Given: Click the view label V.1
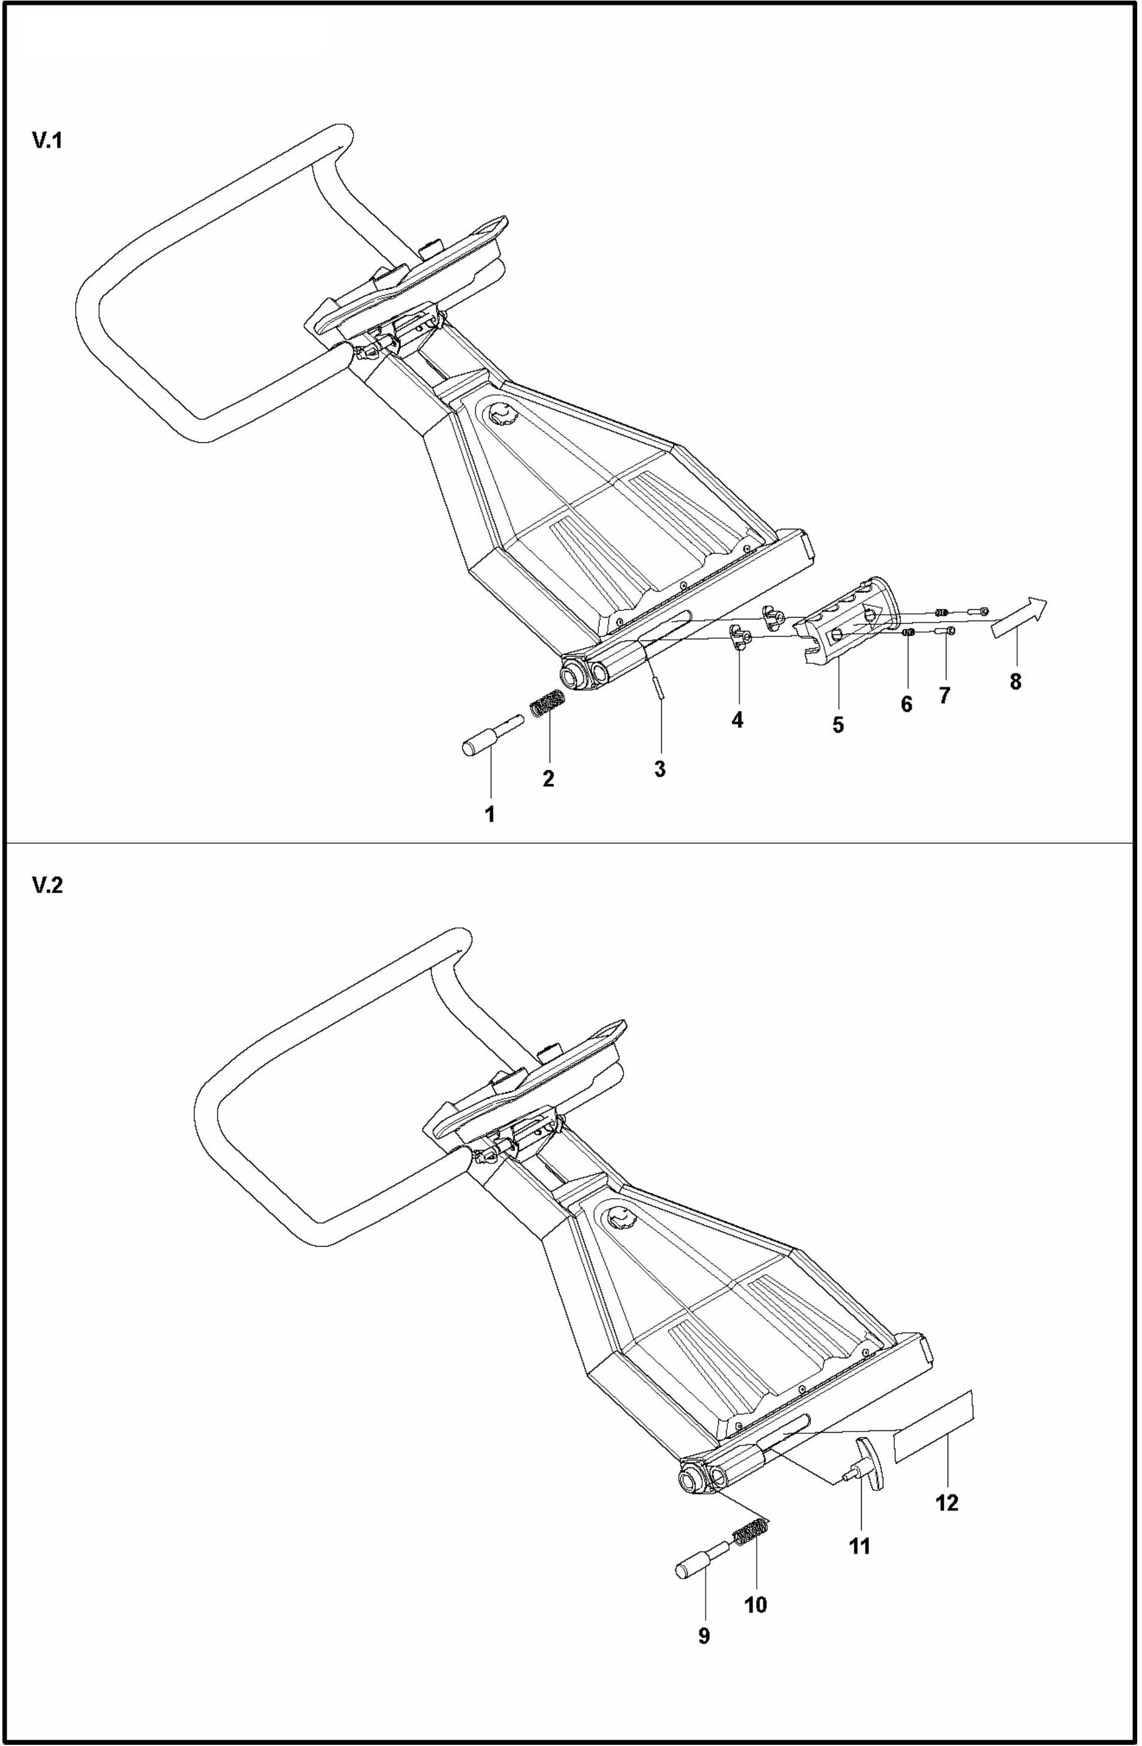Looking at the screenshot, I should [x=47, y=142].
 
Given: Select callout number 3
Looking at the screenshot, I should [x=660, y=769].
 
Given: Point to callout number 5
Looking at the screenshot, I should [x=838, y=726].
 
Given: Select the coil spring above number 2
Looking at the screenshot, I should [x=547, y=705].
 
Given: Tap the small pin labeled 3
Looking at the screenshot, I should [x=660, y=688].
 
